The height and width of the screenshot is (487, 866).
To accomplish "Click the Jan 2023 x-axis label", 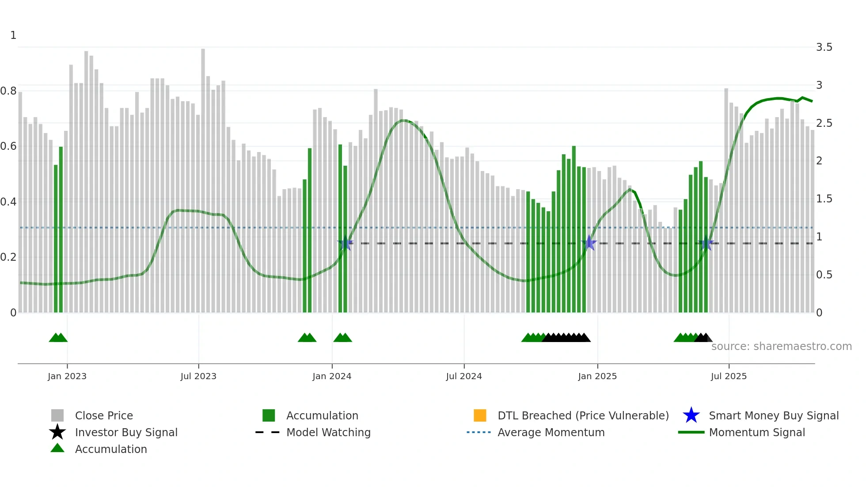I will point(67,376).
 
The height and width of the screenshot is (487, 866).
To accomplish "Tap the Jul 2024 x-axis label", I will point(464,376).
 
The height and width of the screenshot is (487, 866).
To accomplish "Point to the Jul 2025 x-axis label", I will point(729,376).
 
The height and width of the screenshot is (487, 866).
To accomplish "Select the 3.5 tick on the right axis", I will point(824,47).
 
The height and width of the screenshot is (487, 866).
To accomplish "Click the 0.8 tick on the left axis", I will point(9,91).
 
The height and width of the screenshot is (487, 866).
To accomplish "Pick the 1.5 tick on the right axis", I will point(824,199).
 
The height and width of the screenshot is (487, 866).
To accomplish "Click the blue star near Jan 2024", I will point(345,243).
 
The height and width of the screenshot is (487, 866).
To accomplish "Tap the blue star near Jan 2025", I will point(589,243).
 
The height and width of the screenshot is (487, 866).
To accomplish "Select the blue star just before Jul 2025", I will point(706,243).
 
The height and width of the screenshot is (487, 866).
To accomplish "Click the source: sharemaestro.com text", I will point(781,346).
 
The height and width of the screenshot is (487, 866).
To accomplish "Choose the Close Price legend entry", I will point(104,415).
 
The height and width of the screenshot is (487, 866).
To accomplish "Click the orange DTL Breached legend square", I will point(480,415).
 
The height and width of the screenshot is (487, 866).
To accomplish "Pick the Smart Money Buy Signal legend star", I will point(691,415).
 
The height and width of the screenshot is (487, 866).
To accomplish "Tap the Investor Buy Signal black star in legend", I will point(57,432).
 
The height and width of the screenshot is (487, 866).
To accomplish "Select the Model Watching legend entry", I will point(328,432).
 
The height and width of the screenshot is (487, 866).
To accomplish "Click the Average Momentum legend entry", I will point(551,432).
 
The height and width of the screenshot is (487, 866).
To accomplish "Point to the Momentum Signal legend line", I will point(691,432).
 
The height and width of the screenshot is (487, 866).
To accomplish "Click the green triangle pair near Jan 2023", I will point(58,338).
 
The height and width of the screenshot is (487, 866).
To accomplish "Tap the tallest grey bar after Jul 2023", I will point(203,177).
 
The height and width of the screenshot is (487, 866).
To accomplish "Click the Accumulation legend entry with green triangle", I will point(110,449).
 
